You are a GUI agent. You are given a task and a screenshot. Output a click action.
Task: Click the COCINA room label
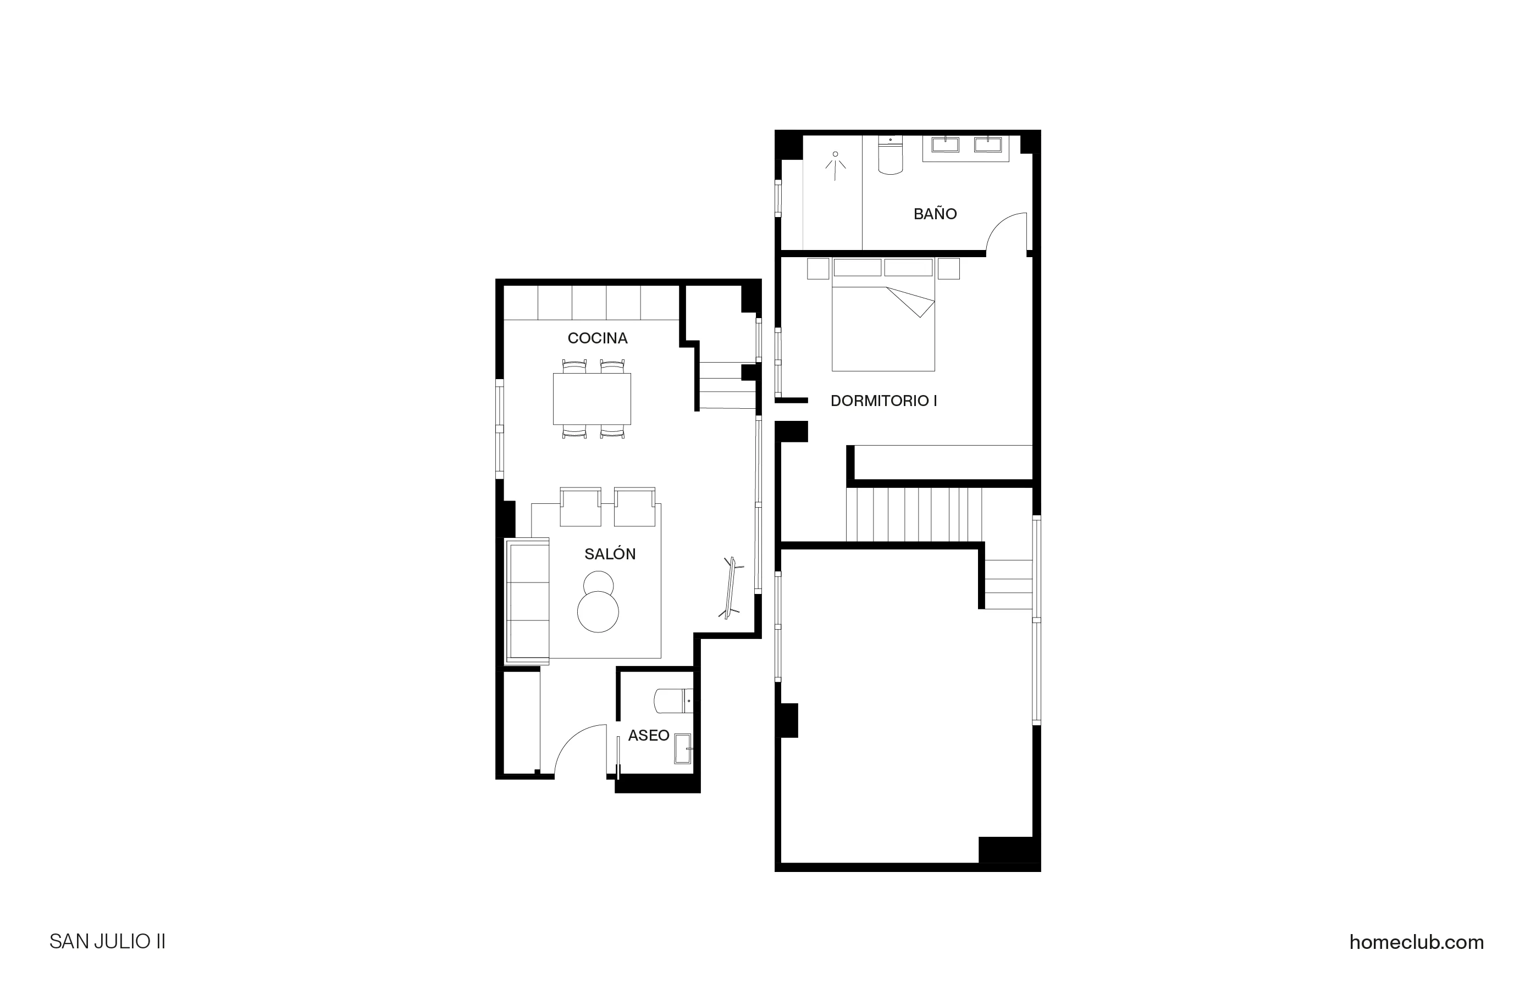click(597, 338)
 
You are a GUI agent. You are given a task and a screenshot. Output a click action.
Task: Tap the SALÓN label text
click(610, 554)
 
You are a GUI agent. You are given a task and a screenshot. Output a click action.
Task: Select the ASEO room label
click(648, 736)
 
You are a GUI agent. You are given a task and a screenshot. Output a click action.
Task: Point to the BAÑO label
click(935, 214)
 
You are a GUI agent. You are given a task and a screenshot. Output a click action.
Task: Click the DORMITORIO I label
click(883, 401)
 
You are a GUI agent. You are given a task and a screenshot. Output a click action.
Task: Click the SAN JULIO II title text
click(107, 942)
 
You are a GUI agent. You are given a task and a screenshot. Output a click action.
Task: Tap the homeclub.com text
click(1416, 942)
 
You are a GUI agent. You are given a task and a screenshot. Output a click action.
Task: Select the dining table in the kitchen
click(591, 399)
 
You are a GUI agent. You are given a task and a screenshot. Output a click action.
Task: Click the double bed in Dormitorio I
click(882, 323)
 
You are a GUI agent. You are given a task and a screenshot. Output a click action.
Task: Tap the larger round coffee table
click(598, 612)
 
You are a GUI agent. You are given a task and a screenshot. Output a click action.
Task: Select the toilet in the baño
click(891, 157)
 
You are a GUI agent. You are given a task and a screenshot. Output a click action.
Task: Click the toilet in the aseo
click(672, 701)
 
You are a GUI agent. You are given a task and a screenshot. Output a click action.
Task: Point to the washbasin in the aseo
click(682, 748)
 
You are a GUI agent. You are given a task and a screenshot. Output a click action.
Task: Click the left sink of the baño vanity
click(945, 145)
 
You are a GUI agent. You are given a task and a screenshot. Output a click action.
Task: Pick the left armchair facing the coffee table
click(580, 507)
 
